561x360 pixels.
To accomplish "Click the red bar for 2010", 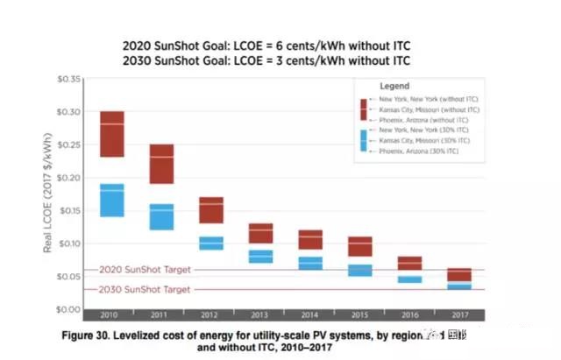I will (111, 134).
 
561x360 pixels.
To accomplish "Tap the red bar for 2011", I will (161, 164).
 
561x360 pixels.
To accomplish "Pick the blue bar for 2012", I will (211, 243).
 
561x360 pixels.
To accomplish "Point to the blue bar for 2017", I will (459, 286).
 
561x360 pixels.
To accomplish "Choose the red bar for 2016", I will (409, 264).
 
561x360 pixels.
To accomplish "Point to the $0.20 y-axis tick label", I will (67, 178).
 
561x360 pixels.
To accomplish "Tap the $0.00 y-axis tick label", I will (67, 309).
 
